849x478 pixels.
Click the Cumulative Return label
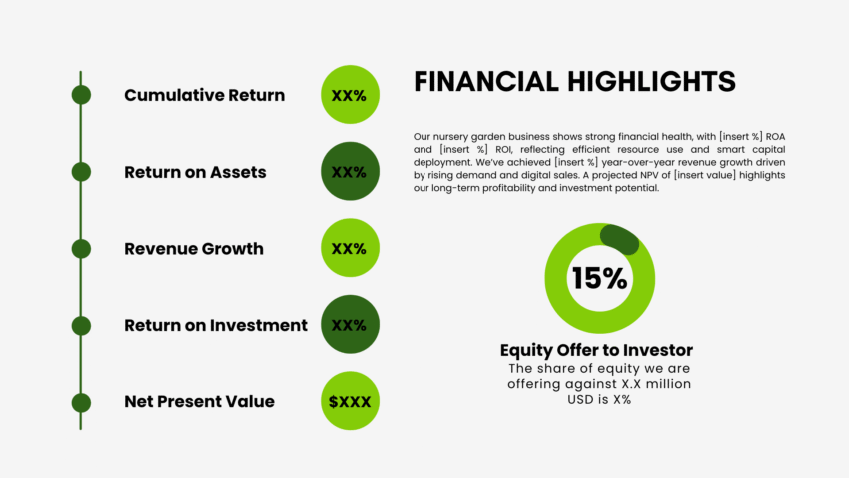(x=204, y=95)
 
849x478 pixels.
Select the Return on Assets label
(x=195, y=172)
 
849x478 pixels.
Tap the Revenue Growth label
(x=194, y=248)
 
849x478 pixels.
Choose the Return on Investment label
(x=216, y=325)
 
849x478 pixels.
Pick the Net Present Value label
(x=199, y=401)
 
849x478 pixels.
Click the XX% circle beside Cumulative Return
(x=350, y=95)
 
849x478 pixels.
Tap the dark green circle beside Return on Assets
(x=350, y=172)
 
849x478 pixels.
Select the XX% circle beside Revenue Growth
(x=350, y=248)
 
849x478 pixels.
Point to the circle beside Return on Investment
(x=350, y=325)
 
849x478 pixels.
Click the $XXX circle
(x=350, y=401)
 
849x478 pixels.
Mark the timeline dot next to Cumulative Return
(x=81, y=95)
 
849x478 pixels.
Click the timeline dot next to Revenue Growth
(x=81, y=248)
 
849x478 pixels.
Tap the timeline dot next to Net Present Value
(x=81, y=402)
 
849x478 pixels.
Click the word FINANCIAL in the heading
(x=484, y=82)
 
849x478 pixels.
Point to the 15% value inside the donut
(x=599, y=278)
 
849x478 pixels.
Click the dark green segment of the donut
(x=620, y=239)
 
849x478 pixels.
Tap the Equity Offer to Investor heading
(x=596, y=350)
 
